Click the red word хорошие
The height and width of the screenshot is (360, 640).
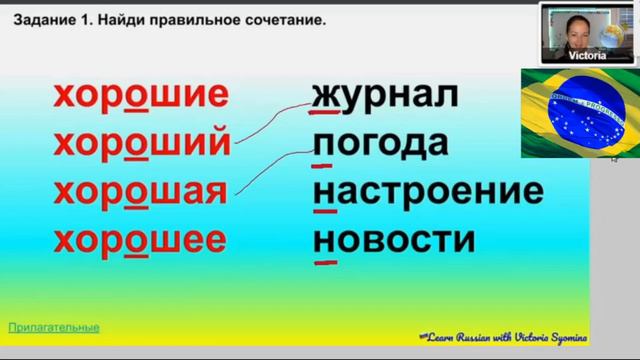141,96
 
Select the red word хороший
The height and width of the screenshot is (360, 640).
141,143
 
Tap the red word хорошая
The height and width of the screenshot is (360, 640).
141,191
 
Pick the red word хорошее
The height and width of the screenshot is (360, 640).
141,239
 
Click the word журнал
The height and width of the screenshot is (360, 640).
384,96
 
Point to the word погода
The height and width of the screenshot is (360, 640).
379,144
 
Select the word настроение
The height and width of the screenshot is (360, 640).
428,191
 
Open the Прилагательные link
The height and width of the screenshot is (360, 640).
54,327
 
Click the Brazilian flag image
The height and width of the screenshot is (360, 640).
567,113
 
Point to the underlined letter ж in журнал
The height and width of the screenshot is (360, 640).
324,96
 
